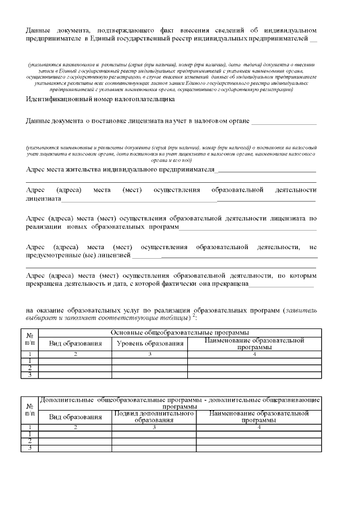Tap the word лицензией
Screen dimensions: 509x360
[112, 256]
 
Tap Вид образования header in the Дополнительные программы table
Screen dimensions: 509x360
[75, 417]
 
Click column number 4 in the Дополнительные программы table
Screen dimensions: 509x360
[259, 427]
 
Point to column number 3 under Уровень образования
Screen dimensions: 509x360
[150, 354]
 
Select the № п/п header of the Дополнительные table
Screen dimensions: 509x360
[29, 409]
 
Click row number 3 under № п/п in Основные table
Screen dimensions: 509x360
[29, 375]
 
